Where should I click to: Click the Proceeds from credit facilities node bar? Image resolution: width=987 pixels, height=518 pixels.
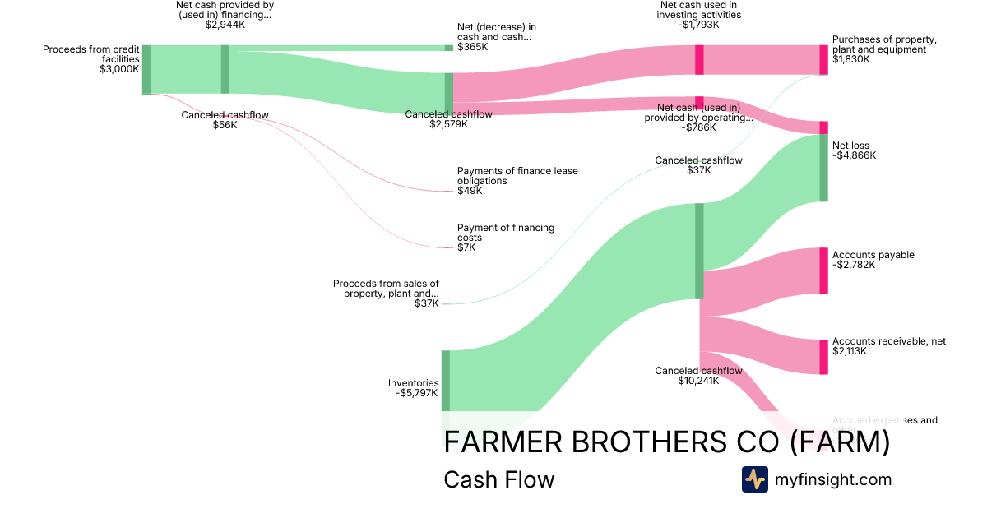coord(146,70)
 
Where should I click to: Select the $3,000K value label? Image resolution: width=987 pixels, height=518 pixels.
coord(119,70)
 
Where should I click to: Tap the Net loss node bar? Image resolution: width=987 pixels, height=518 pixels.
coord(823,168)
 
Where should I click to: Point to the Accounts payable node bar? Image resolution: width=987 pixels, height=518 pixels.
coord(823,271)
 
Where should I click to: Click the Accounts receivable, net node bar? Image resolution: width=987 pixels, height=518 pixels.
coord(823,357)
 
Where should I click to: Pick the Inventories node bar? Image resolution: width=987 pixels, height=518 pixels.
coord(446,380)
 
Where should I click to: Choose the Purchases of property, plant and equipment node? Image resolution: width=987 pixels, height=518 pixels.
coord(823,60)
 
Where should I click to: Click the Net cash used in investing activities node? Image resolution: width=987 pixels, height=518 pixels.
coord(699,60)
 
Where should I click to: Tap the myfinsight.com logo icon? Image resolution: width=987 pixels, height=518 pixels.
coord(754,479)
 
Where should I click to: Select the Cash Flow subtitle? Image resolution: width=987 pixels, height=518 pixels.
coord(498,479)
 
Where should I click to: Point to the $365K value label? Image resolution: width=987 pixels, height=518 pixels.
coord(472,48)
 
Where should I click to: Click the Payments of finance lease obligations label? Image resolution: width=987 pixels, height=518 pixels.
coord(517,176)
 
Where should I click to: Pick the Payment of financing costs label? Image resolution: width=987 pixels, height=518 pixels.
coord(506,233)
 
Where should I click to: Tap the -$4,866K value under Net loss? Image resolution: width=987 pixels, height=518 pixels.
coord(854,155)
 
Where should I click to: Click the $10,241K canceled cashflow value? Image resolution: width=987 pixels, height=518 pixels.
coord(698,381)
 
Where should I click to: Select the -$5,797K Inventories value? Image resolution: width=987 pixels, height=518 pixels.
coord(417,393)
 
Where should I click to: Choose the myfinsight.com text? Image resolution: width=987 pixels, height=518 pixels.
coord(832,479)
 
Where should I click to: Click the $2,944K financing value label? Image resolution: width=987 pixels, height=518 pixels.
coord(225,25)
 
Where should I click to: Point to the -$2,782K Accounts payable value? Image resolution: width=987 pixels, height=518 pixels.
coord(854,265)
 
